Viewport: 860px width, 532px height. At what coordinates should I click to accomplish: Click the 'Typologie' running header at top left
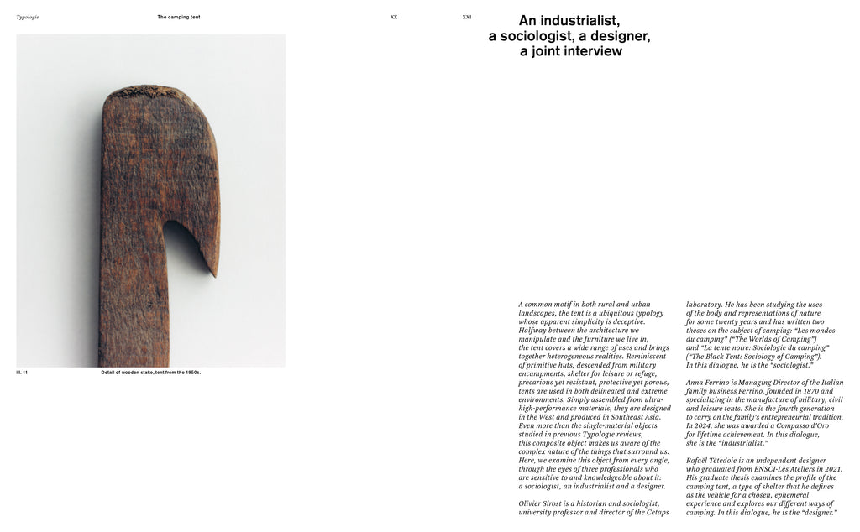pyautogui.click(x=28, y=17)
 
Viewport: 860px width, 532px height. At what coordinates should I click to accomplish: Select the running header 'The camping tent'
pyautogui.click(x=179, y=17)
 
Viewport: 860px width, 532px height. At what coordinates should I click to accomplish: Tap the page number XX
pyautogui.click(x=394, y=17)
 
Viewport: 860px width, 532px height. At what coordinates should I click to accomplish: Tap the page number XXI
pyautogui.click(x=467, y=17)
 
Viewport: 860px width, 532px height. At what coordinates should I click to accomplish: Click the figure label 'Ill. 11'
pyautogui.click(x=23, y=372)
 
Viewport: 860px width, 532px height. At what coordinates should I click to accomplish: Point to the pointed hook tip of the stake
pyautogui.click(x=214, y=272)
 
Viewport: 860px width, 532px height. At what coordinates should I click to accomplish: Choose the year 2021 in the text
pyautogui.click(x=831, y=469)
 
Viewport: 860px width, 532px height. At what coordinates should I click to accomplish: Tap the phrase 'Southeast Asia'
pyautogui.click(x=635, y=417)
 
